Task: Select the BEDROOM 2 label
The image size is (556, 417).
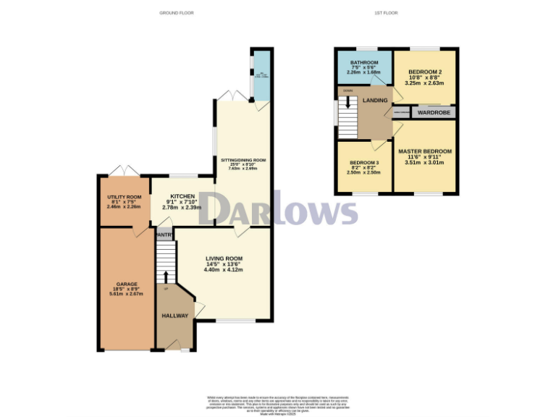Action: coord(425,72)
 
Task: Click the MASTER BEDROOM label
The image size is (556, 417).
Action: coord(425,151)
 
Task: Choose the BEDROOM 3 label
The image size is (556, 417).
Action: coord(364,163)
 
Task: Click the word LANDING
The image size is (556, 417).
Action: coord(376,100)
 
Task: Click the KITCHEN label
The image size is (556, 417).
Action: coord(181,196)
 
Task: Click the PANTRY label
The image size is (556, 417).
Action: coord(164,235)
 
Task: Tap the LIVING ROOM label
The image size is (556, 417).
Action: coord(224,258)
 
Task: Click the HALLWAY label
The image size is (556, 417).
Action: coord(175,316)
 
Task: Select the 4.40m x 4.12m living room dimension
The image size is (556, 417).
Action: coord(224,270)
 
